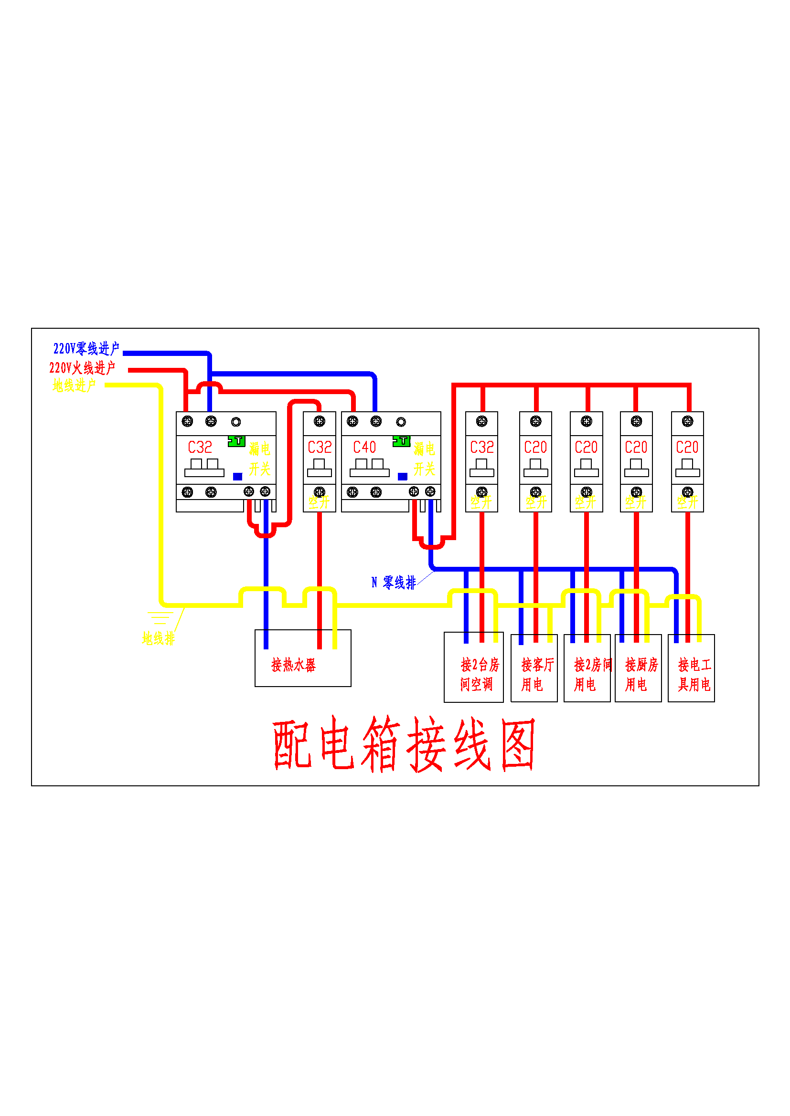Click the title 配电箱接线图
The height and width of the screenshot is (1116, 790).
(404, 744)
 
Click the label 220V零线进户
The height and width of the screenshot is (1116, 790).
(86, 348)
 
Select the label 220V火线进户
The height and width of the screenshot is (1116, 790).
(82, 367)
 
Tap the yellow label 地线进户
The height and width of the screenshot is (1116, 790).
(74, 386)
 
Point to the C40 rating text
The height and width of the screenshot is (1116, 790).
(364, 447)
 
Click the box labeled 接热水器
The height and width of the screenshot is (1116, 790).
(302, 665)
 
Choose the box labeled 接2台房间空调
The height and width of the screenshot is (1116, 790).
(473, 673)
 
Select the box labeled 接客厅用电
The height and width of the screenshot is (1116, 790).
(534, 673)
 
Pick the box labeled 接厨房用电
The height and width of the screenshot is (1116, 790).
(638, 673)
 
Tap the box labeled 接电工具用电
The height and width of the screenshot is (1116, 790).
(691, 673)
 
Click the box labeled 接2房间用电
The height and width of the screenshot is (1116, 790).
(587, 673)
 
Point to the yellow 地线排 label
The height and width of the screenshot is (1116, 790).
(158, 638)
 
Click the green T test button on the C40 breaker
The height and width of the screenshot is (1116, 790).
(401, 441)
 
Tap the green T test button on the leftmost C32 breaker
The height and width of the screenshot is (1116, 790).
(236, 441)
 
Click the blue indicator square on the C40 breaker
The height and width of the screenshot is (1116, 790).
(402, 476)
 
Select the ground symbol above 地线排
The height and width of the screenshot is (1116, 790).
(160, 618)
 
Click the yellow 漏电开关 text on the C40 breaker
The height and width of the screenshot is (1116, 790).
(424, 459)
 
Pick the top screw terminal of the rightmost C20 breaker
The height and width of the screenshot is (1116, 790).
(687, 421)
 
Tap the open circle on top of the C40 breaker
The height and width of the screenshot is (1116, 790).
(401, 422)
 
